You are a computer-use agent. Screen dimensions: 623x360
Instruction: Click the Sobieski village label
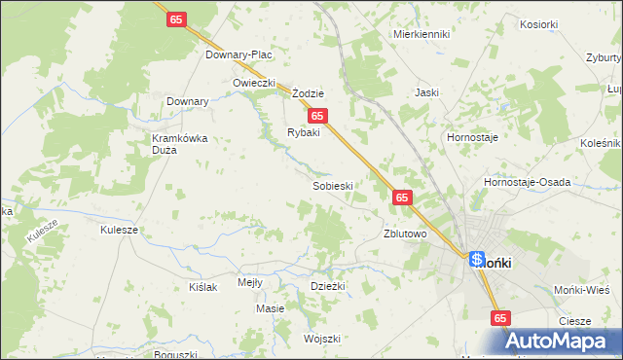pos(332,185)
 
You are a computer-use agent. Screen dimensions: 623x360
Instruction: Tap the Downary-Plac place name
pos(238,54)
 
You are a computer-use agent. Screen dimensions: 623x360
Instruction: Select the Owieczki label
pos(255,83)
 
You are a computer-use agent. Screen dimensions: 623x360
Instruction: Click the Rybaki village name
pos(303,132)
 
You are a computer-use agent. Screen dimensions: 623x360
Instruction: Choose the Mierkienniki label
pos(421,33)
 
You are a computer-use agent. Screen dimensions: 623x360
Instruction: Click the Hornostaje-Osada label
pos(527,182)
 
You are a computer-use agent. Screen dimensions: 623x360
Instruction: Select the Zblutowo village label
pos(406,234)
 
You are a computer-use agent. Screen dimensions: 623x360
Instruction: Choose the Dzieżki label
pos(328,285)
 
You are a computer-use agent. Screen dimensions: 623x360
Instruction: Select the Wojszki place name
pos(321,339)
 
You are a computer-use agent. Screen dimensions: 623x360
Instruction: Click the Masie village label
pos(270,308)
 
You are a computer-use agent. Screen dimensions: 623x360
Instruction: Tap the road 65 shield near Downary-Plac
pos(176,19)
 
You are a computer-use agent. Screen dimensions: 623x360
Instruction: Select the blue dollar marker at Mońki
pos(477,259)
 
